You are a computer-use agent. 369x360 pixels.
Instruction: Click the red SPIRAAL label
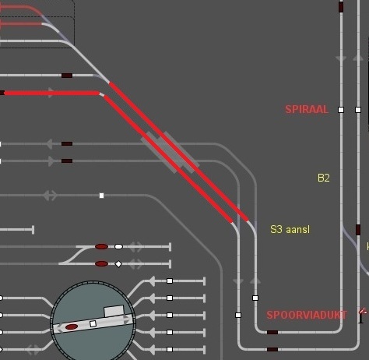pos(307,109)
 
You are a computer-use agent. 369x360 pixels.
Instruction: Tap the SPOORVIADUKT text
pos(307,315)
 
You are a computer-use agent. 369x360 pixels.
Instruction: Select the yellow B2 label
pos(324,178)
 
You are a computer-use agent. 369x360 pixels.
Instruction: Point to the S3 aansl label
pos(290,229)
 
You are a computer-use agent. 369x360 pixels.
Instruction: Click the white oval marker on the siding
pos(118,246)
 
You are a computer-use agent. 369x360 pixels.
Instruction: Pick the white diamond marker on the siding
pos(118,264)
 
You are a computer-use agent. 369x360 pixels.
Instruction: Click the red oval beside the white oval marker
pos(101,246)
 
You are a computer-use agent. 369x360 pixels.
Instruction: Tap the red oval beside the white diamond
pos(101,264)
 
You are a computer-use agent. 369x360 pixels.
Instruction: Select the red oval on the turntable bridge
pos(72,326)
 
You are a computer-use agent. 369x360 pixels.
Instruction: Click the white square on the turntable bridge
pos(93,324)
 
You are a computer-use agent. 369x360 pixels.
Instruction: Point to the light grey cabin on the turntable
pos(114,311)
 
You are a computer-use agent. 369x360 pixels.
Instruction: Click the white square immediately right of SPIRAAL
pos(341,110)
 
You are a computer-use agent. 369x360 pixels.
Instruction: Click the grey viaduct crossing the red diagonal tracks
pos(170,153)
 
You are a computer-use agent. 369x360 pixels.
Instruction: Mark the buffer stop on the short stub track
pos(33,230)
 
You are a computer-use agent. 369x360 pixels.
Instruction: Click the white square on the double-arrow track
pos(101,196)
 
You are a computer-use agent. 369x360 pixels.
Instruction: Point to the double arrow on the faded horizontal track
pos(50,196)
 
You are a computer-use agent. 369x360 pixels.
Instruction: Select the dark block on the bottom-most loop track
pos(272,349)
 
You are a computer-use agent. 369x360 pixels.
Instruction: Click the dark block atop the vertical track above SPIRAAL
pos(341,7)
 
